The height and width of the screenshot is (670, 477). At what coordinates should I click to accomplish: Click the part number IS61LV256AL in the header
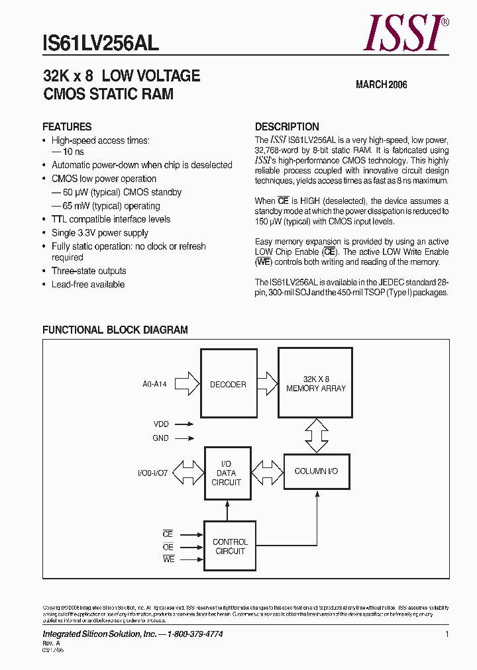[x=101, y=43]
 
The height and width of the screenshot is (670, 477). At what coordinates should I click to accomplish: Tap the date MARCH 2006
[x=381, y=85]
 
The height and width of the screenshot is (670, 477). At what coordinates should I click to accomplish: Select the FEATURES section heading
[x=67, y=126]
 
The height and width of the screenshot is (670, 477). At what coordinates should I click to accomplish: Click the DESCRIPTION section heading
[x=287, y=126]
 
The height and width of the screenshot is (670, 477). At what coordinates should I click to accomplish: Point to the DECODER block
[x=228, y=384]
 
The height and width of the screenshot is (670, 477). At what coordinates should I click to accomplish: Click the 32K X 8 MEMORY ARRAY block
[x=316, y=384]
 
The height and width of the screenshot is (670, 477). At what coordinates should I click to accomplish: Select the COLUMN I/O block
[x=316, y=471]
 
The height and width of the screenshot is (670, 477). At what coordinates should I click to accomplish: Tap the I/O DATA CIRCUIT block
[x=227, y=473]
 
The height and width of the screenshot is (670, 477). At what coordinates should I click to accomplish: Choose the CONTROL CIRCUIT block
[x=230, y=546]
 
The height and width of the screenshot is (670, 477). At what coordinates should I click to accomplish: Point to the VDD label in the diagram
[x=161, y=424]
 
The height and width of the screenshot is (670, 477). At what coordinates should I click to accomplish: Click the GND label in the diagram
[x=161, y=438]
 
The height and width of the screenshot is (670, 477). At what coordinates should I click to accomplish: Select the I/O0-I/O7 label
[x=152, y=473]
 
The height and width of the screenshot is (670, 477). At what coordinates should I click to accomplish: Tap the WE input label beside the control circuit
[x=168, y=560]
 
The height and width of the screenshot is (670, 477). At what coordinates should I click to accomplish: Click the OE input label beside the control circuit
[x=168, y=547]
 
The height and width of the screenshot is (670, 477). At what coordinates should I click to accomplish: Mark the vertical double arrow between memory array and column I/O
[x=316, y=436]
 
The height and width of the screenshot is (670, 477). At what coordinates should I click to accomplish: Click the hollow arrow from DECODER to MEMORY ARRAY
[x=266, y=383]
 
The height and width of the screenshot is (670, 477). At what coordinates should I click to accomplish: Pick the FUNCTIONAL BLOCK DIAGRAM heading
[x=115, y=330]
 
